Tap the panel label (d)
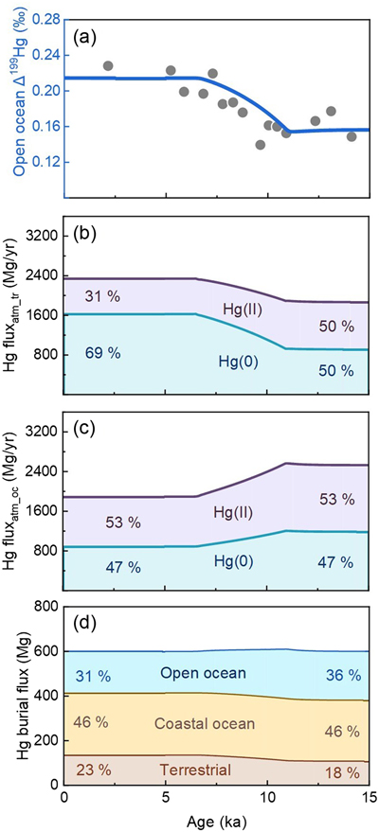coord(84,625)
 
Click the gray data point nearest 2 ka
coord(108,66)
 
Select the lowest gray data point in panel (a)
coord(261,144)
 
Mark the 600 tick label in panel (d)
coord(44,651)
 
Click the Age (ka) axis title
coord(217,821)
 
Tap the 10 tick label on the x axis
coord(267,800)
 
